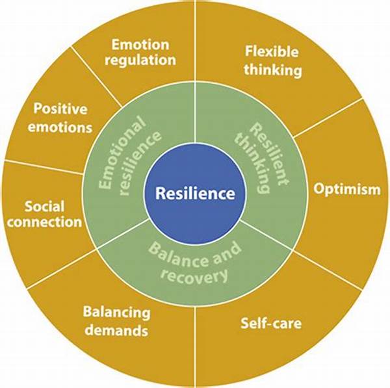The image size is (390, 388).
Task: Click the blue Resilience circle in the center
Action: point(195,193)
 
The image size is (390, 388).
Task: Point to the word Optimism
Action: point(346,190)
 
